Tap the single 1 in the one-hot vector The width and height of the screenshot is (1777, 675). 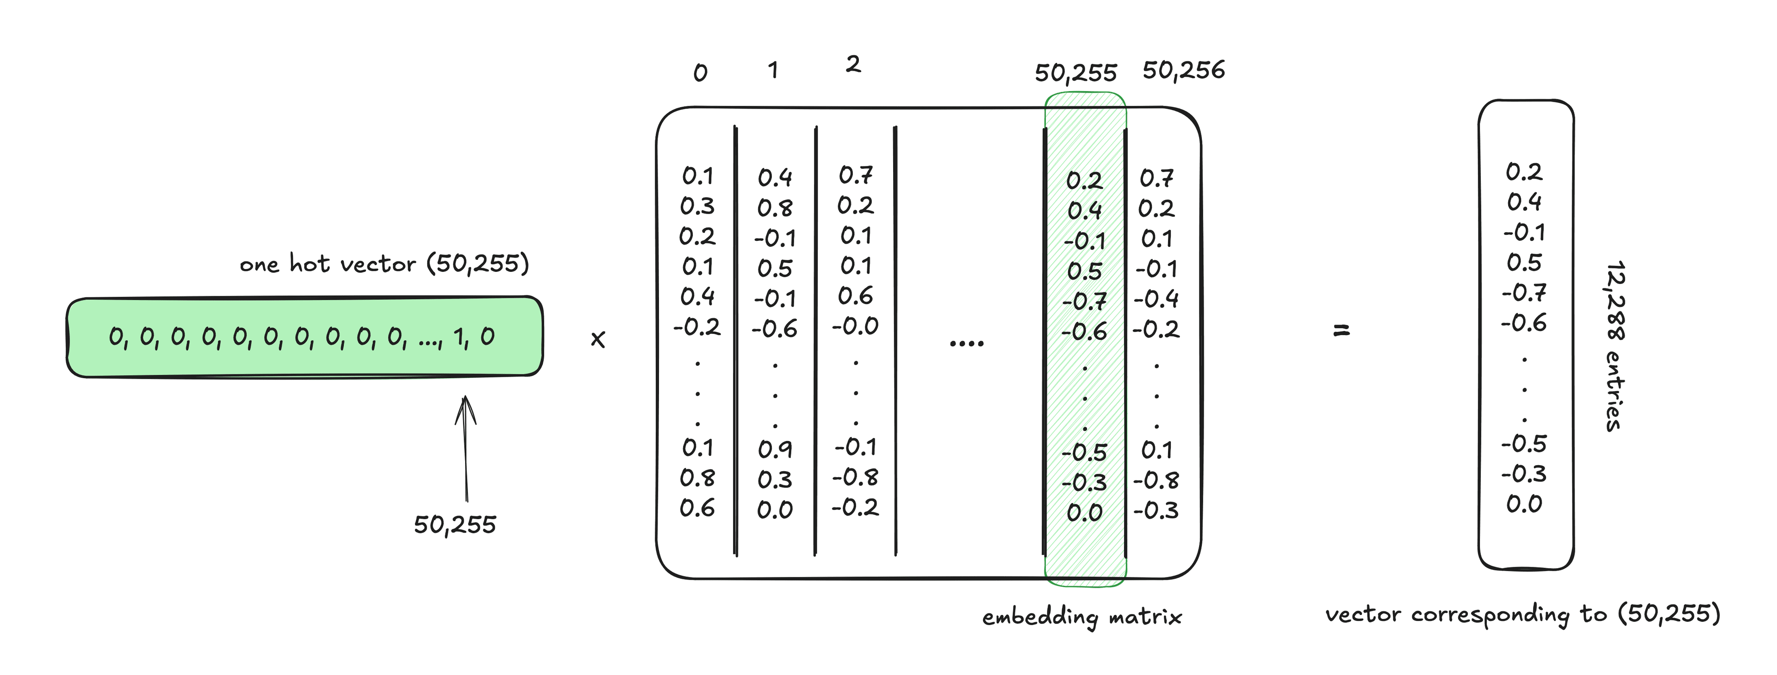pyautogui.click(x=459, y=337)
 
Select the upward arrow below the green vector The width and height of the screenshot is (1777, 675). pyautogui.click(x=466, y=448)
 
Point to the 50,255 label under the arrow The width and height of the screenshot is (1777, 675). pyautogui.click(x=454, y=525)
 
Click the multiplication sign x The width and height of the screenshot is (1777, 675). pyautogui.click(x=598, y=339)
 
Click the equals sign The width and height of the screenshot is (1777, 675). pyautogui.click(x=1341, y=331)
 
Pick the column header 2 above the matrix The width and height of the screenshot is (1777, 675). pyautogui.click(x=853, y=64)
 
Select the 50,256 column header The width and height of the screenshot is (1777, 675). pyautogui.click(x=1184, y=70)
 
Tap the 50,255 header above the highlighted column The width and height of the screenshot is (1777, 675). pyautogui.click(x=1075, y=73)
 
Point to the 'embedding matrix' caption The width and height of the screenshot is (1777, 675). pyautogui.click(x=1081, y=616)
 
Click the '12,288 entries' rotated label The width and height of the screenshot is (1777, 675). pyautogui.click(x=1614, y=346)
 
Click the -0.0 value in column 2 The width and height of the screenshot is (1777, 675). pyautogui.click(x=855, y=326)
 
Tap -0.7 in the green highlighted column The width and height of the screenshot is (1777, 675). pyautogui.click(x=1084, y=302)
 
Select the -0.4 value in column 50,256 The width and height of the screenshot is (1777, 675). pyautogui.click(x=1156, y=299)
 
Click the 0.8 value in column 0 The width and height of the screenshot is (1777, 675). pyautogui.click(x=697, y=478)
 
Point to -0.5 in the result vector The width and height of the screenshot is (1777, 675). pyautogui.click(x=1524, y=444)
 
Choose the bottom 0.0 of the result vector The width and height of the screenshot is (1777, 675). pyautogui.click(x=1524, y=504)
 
